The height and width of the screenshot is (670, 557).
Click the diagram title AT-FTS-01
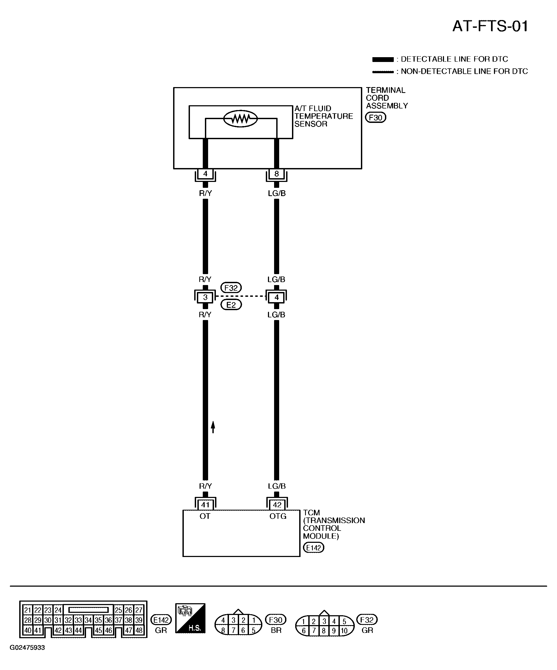(490, 26)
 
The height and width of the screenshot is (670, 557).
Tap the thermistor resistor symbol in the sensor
(240, 119)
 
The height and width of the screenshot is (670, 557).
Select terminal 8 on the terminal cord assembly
(276, 174)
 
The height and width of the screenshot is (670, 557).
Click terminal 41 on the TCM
(205, 505)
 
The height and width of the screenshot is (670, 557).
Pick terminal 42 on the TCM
(277, 505)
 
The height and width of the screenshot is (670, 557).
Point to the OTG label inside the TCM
(278, 516)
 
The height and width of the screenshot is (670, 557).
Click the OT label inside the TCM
(205, 516)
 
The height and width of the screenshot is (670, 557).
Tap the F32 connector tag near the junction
(231, 288)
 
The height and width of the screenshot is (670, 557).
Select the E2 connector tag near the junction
(231, 305)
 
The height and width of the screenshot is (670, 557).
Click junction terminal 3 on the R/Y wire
(205, 297)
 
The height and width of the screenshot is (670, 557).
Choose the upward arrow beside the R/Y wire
(213, 427)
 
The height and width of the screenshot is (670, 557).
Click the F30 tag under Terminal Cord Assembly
(376, 117)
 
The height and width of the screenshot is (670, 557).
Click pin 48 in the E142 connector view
(138, 630)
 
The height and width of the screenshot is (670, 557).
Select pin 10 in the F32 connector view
(344, 631)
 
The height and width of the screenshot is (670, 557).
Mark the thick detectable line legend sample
(383, 59)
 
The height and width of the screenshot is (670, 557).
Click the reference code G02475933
(27, 648)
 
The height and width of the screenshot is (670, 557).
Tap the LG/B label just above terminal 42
(276, 486)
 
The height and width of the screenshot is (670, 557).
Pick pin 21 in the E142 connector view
(28, 610)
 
